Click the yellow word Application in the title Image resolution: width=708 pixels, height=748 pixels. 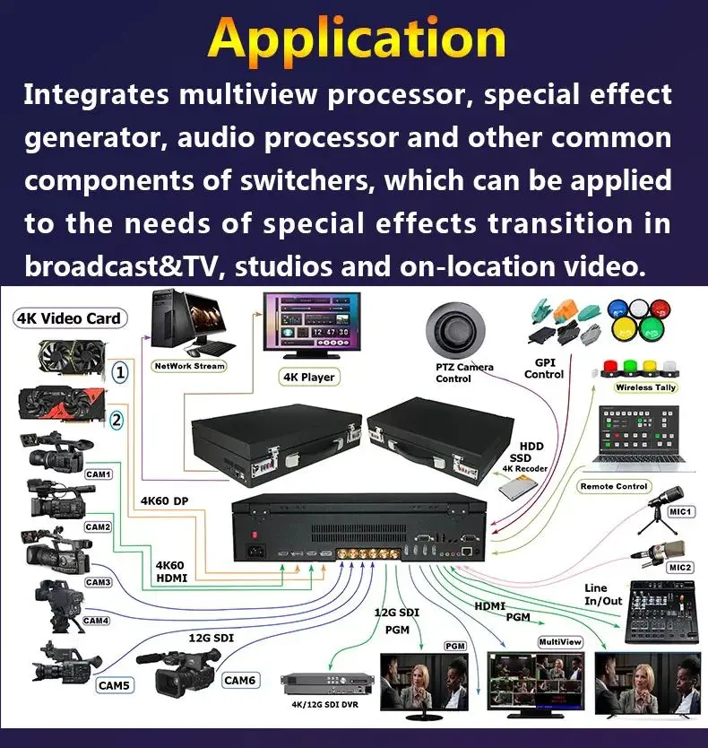pos(357,39)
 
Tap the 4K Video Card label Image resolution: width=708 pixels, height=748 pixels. pos(70,318)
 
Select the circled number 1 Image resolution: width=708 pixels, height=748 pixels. pos(120,372)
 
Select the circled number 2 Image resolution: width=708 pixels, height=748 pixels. pos(117,421)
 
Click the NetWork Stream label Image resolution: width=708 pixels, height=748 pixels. pos(189,366)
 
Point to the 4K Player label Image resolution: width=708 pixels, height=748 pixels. pos(309,377)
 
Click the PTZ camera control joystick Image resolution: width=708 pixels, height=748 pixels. pos(455,330)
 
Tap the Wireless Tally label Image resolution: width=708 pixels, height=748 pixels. pos(645,387)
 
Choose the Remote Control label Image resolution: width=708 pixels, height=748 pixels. pos(614,486)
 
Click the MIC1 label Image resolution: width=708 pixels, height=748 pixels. pos(680,512)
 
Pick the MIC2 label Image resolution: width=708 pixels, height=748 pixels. pos(680,567)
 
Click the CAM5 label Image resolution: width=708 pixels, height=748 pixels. pos(114,685)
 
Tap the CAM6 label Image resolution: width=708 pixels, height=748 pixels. pos(240,680)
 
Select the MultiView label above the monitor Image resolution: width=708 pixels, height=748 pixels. pos(560,641)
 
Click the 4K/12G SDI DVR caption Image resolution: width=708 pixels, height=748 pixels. pos(324,705)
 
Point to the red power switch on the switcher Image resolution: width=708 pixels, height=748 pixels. pos(255,535)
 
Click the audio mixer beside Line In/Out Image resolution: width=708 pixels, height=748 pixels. pos(662,613)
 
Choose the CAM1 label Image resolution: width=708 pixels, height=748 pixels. pos(99,474)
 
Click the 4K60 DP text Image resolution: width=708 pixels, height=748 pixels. pos(165,500)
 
